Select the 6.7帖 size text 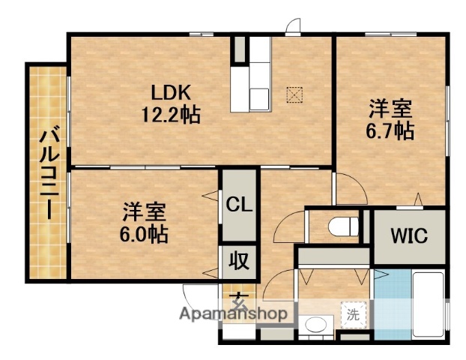click(x=389, y=130)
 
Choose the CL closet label click(x=239, y=204)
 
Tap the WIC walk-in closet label click(x=408, y=235)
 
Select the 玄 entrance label click(x=238, y=300)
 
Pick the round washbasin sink click(x=315, y=325)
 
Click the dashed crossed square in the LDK click(x=294, y=94)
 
